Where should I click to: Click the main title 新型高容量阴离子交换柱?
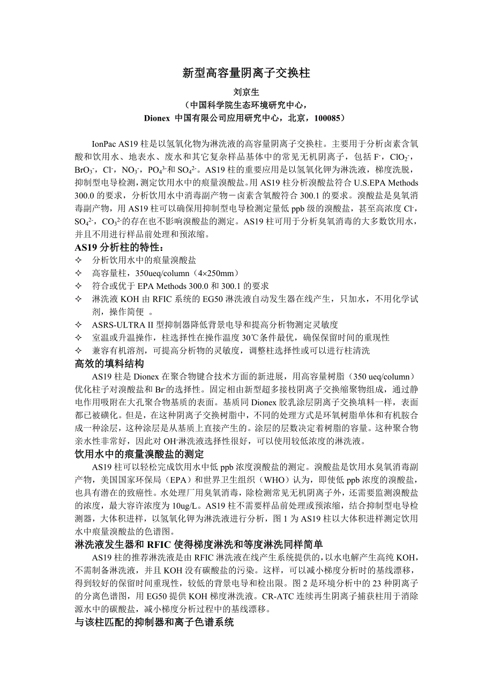tap(246, 73)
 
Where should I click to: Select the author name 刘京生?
tap(246, 92)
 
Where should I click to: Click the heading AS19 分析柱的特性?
tap(118, 247)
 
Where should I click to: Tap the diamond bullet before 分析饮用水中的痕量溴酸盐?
tap(78, 260)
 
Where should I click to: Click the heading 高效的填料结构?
tap(109, 363)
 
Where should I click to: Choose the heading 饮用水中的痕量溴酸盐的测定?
tap(138, 454)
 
